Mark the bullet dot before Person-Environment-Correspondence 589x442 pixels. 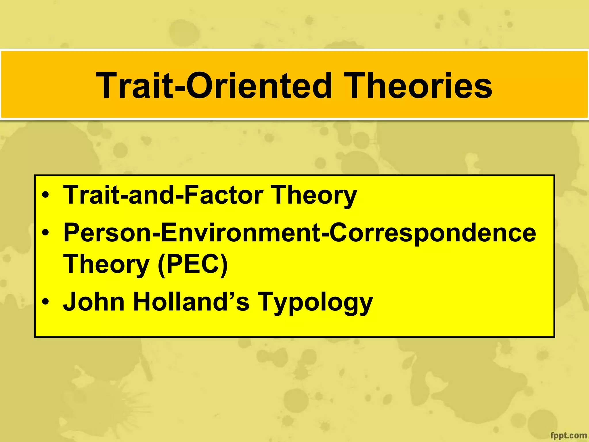pyautogui.click(x=45, y=233)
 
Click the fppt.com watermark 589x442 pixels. pyautogui.click(x=568, y=435)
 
